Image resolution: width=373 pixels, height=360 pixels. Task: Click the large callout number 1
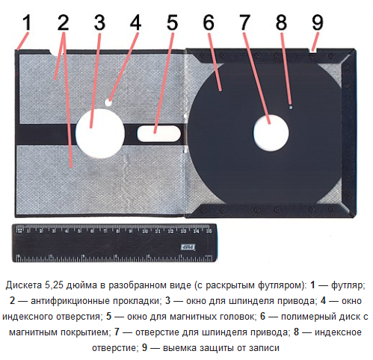(27, 22)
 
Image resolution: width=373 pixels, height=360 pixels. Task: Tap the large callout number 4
(135, 22)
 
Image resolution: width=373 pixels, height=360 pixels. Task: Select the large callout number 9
(318, 22)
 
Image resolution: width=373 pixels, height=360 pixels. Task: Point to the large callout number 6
(209, 22)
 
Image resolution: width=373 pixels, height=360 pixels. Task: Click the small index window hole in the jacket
(108, 102)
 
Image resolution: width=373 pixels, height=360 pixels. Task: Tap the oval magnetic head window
(158, 133)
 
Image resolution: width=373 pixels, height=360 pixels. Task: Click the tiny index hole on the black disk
(291, 108)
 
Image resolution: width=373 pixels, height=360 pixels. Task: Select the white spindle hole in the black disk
(271, 133)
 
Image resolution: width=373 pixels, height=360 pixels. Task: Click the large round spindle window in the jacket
(99, 133)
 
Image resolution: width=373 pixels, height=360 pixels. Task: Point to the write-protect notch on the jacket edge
(313, 51)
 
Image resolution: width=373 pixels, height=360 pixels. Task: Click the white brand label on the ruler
(188, 247)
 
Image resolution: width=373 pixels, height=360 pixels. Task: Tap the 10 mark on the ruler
(145, 232)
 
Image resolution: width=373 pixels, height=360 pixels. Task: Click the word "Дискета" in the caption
(24, 285)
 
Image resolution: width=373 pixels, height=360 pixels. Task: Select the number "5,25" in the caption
(55, 285)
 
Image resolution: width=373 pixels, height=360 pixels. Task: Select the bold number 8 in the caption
(296, 332)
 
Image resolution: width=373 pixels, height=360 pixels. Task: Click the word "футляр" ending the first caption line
(348, 285)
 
